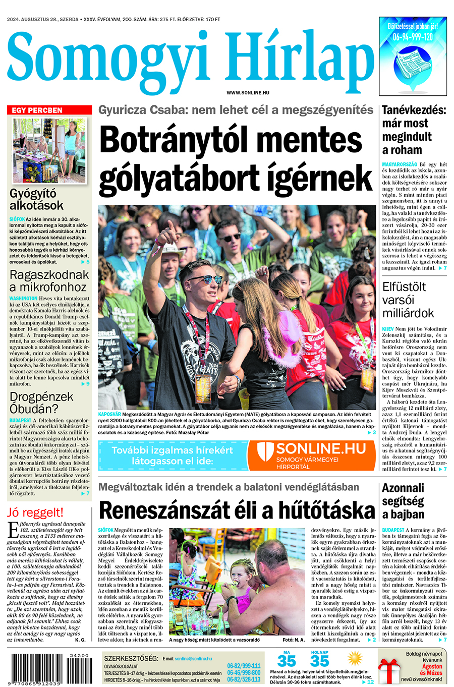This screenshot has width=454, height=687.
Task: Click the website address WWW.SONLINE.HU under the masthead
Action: (x=248, y=93)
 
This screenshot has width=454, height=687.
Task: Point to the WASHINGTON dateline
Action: (x=23, y=299)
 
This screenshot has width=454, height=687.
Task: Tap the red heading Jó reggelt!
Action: (x=35, y=513)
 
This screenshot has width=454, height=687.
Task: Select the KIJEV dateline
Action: (x=388, y=328)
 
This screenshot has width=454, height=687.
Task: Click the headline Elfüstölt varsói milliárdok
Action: (x=408, y=300)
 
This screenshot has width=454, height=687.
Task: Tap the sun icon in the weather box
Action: (x=355, y=658)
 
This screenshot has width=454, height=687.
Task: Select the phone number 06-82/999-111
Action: (x=244, y=666)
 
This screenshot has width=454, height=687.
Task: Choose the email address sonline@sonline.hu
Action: (x=193, y=659)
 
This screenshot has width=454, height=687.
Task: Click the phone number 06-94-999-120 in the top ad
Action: (x=413, y=37)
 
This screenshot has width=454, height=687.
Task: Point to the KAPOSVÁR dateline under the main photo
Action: (x=109, y=414)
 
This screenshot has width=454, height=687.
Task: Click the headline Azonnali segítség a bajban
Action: (x=403, y=501)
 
